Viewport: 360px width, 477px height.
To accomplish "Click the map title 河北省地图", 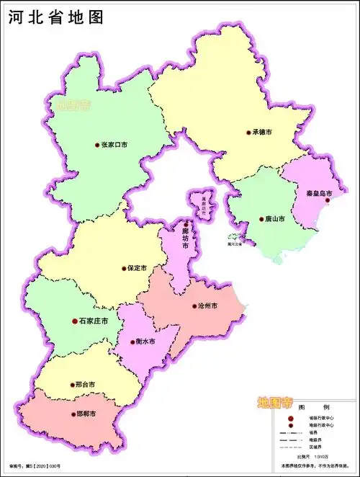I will tap(56, 17).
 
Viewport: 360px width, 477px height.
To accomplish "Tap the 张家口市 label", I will tap(114, 145).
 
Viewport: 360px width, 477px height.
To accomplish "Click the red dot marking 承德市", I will tap(248, 133).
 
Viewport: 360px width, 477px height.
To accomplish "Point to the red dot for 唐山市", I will tap(261, 219).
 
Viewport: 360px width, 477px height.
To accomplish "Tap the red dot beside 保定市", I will tap(124, 268).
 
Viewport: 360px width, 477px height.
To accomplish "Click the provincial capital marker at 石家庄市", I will tap(74, 321).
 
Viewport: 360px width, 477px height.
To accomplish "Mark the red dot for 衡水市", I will tap(132, 342).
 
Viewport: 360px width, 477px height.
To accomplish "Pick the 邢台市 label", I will tap(84, 385).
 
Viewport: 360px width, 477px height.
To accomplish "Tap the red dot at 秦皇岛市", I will tap(327, 201).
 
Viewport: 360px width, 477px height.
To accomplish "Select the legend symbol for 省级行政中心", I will tap(290, 419).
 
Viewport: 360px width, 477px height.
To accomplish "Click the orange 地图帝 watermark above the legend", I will tap(276, 401).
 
